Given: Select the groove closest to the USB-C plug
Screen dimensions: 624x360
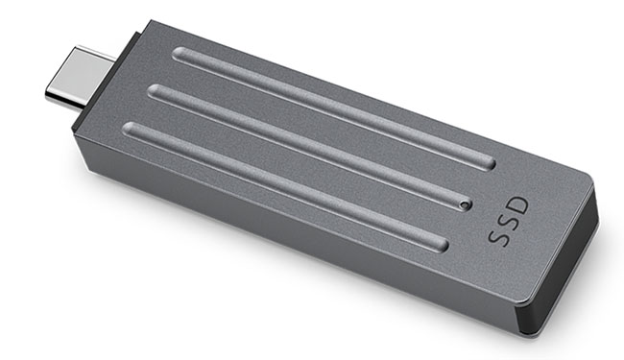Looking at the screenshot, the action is (334, 108).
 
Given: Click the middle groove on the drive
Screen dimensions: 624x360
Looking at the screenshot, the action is (309, 146).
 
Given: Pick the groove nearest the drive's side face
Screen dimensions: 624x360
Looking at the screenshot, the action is (285, 186).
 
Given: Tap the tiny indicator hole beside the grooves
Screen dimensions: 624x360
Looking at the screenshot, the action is (464, 205).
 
